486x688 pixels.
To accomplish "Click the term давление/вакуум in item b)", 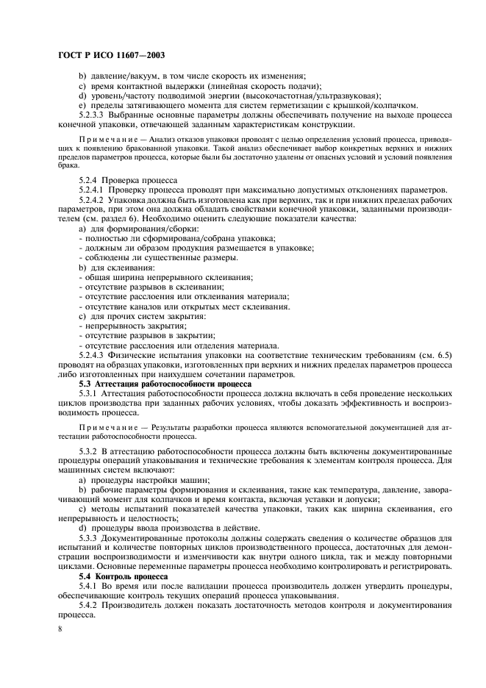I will pos(119,76).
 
